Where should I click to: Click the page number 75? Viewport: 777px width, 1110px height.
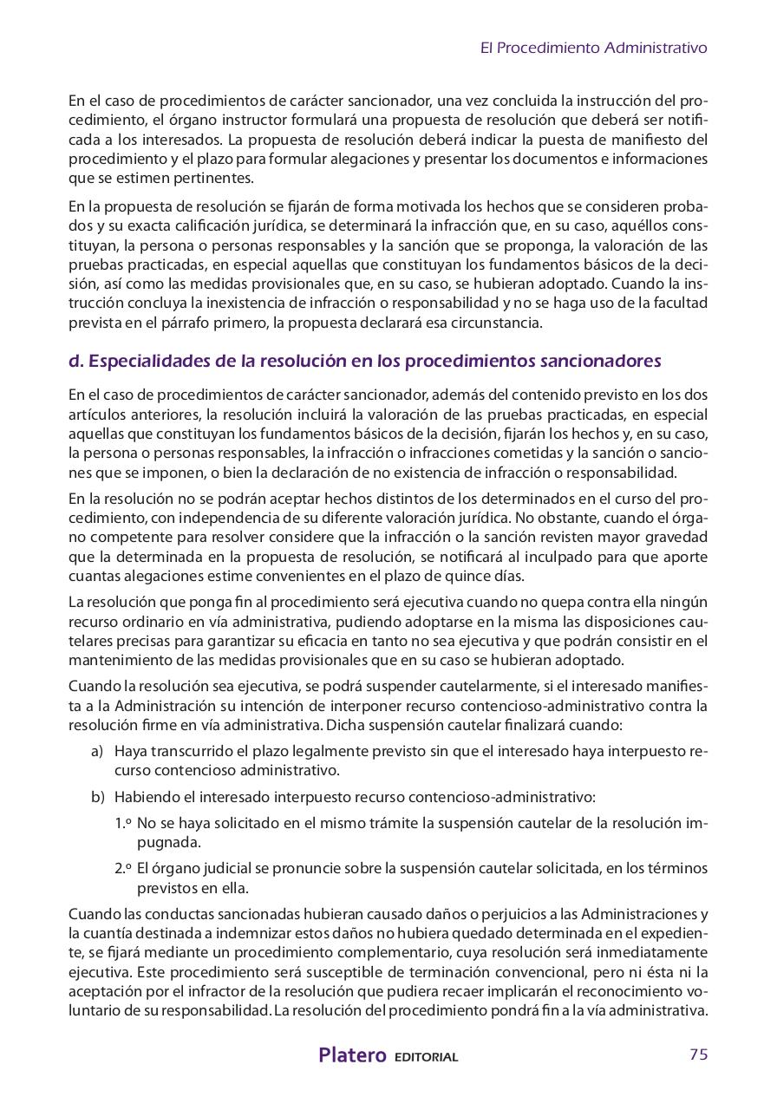[698, 1054]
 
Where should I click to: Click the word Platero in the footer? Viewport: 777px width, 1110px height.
[352, 1055]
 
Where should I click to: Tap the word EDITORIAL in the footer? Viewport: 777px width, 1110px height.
[426, 1057]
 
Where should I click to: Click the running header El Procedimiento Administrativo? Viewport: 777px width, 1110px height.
[593, 49]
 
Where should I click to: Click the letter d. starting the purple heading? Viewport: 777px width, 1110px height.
[75, 360]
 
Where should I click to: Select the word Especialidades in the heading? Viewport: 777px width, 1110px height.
[147, 360]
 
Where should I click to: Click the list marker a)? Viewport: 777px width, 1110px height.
[97, 750]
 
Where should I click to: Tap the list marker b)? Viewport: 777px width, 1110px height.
[97, 796]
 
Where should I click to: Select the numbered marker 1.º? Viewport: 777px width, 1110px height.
[122, 822]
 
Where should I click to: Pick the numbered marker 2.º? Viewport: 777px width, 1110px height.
[122, 868]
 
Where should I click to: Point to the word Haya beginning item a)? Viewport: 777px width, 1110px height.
[130, 750]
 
